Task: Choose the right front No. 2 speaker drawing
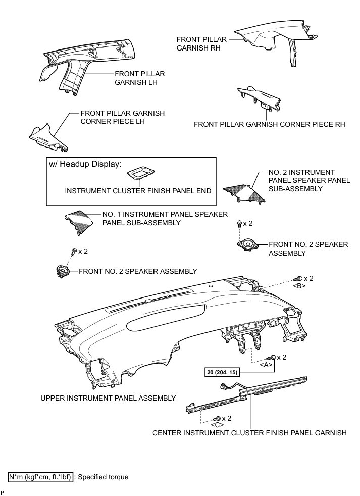coord(247,244)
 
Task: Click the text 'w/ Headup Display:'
coord(85,164)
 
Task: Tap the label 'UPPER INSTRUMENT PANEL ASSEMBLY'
coord(108,398)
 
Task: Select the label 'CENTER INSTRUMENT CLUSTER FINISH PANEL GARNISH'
coord(250,433)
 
